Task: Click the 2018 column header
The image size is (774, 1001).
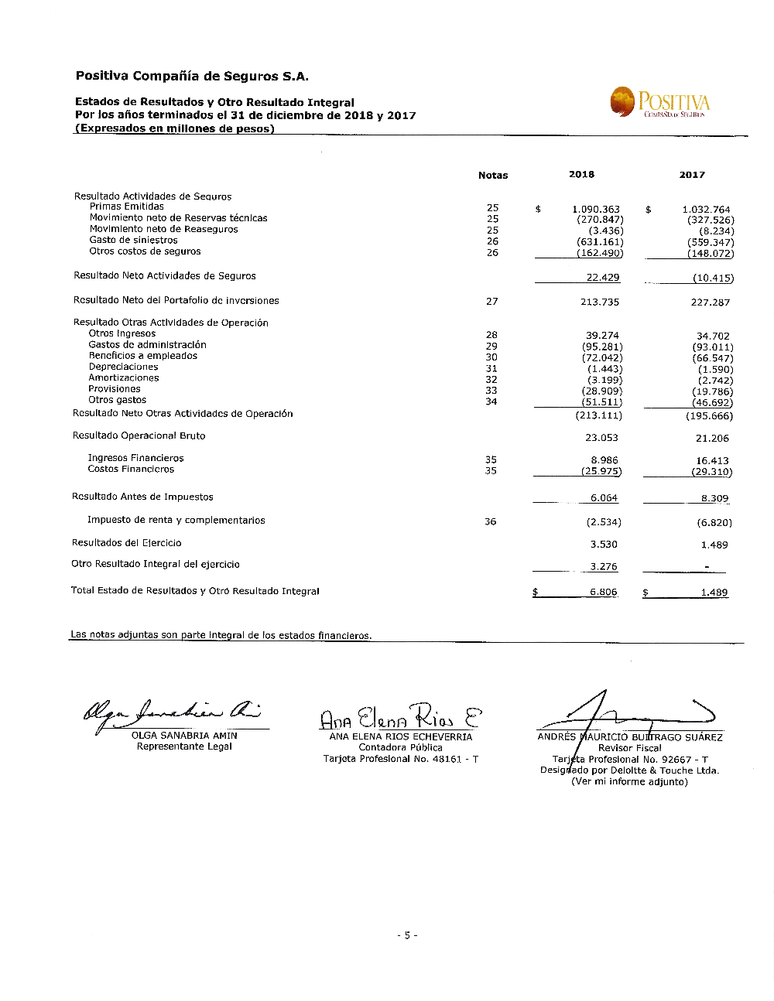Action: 581,175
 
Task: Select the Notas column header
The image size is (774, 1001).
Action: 493,176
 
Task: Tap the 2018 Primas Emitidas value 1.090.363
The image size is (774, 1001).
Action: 596,210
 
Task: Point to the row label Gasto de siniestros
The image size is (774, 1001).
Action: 133,241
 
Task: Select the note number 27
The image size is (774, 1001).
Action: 492,302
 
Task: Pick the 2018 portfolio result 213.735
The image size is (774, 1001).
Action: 600,302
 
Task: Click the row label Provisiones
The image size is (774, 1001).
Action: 115,389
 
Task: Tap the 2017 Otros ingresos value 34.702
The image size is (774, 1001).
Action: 713,337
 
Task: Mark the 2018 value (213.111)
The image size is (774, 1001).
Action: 598,416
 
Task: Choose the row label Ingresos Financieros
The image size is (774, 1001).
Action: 135,459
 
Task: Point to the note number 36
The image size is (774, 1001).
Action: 491,522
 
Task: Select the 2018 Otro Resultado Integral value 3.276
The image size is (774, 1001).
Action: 604,567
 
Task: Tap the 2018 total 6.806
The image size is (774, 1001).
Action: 604,593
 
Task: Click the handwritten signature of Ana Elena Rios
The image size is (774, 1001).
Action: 400,716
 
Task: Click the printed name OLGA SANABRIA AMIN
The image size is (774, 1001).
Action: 184,736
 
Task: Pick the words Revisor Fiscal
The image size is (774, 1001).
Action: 630,748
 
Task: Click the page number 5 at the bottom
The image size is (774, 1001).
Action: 407,936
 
